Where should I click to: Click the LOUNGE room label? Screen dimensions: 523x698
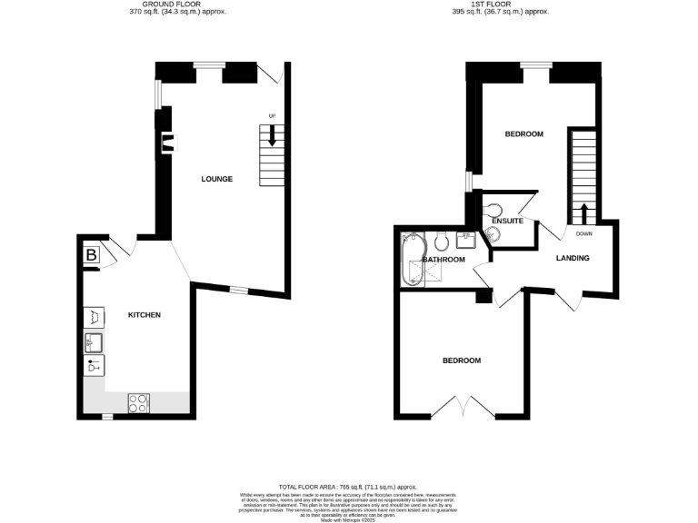click(x=217, y=179)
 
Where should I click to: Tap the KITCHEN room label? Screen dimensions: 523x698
click(x=144, y=315)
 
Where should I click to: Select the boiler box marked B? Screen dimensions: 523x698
click(x=92, y=257)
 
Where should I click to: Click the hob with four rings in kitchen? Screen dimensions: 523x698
click(x=139, y=402)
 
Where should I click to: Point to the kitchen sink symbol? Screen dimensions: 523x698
click(x=94, y=341)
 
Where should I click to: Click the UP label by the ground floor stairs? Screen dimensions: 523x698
click(x=272, y=115)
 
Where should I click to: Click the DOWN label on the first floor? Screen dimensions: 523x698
click(x=583, y=233)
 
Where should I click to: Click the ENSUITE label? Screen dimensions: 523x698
click(x=505, y=221)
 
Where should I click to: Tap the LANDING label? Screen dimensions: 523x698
click(x=573, y=259)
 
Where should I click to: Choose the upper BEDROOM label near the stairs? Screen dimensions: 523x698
click(x=523, y=134)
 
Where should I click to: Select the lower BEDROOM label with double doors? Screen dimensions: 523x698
click(x=462, y=360)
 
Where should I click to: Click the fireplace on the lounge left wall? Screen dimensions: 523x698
click(x=168, y=141)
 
